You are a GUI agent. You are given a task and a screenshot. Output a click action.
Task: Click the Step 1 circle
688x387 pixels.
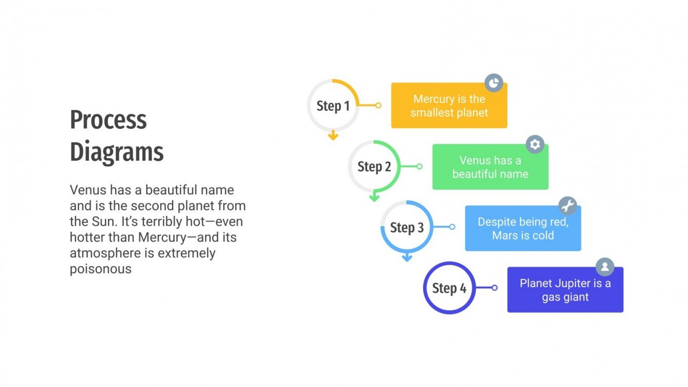coord(333,105)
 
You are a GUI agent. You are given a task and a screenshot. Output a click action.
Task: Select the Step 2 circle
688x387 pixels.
coord(374,167)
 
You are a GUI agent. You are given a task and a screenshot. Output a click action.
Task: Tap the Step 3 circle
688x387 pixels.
coord(407,227)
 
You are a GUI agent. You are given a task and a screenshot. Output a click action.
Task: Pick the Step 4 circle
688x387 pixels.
coord(449,288)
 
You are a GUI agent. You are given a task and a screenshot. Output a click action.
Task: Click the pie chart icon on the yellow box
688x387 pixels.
coord(494,83)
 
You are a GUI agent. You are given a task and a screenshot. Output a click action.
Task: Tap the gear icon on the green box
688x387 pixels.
coord(535,144)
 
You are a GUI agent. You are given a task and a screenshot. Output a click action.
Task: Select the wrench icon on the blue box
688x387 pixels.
coord(567,206)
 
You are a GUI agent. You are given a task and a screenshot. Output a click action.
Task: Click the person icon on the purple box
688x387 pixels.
coord(605,267)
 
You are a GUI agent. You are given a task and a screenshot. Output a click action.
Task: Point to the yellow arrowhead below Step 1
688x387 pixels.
coord(333,136)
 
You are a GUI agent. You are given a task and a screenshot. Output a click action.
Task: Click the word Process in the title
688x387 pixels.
coord(108,120)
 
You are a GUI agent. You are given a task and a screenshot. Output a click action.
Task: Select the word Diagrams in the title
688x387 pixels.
coord(117,152)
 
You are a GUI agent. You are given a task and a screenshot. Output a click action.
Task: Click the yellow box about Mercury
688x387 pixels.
coord(449,106)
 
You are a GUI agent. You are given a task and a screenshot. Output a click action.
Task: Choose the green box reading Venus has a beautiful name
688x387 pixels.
coord(490,167)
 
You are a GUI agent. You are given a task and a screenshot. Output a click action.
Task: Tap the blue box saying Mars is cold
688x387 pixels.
coord(523,229)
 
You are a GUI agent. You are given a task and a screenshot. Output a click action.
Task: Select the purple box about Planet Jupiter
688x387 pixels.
coord(565,290)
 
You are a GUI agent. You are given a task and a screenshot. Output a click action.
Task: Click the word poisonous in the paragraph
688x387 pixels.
coord(101,269)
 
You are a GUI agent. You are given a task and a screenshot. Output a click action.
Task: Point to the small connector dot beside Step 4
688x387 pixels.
coord(494,288)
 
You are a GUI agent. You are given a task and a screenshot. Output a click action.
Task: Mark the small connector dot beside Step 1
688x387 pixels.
coord(378,105)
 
